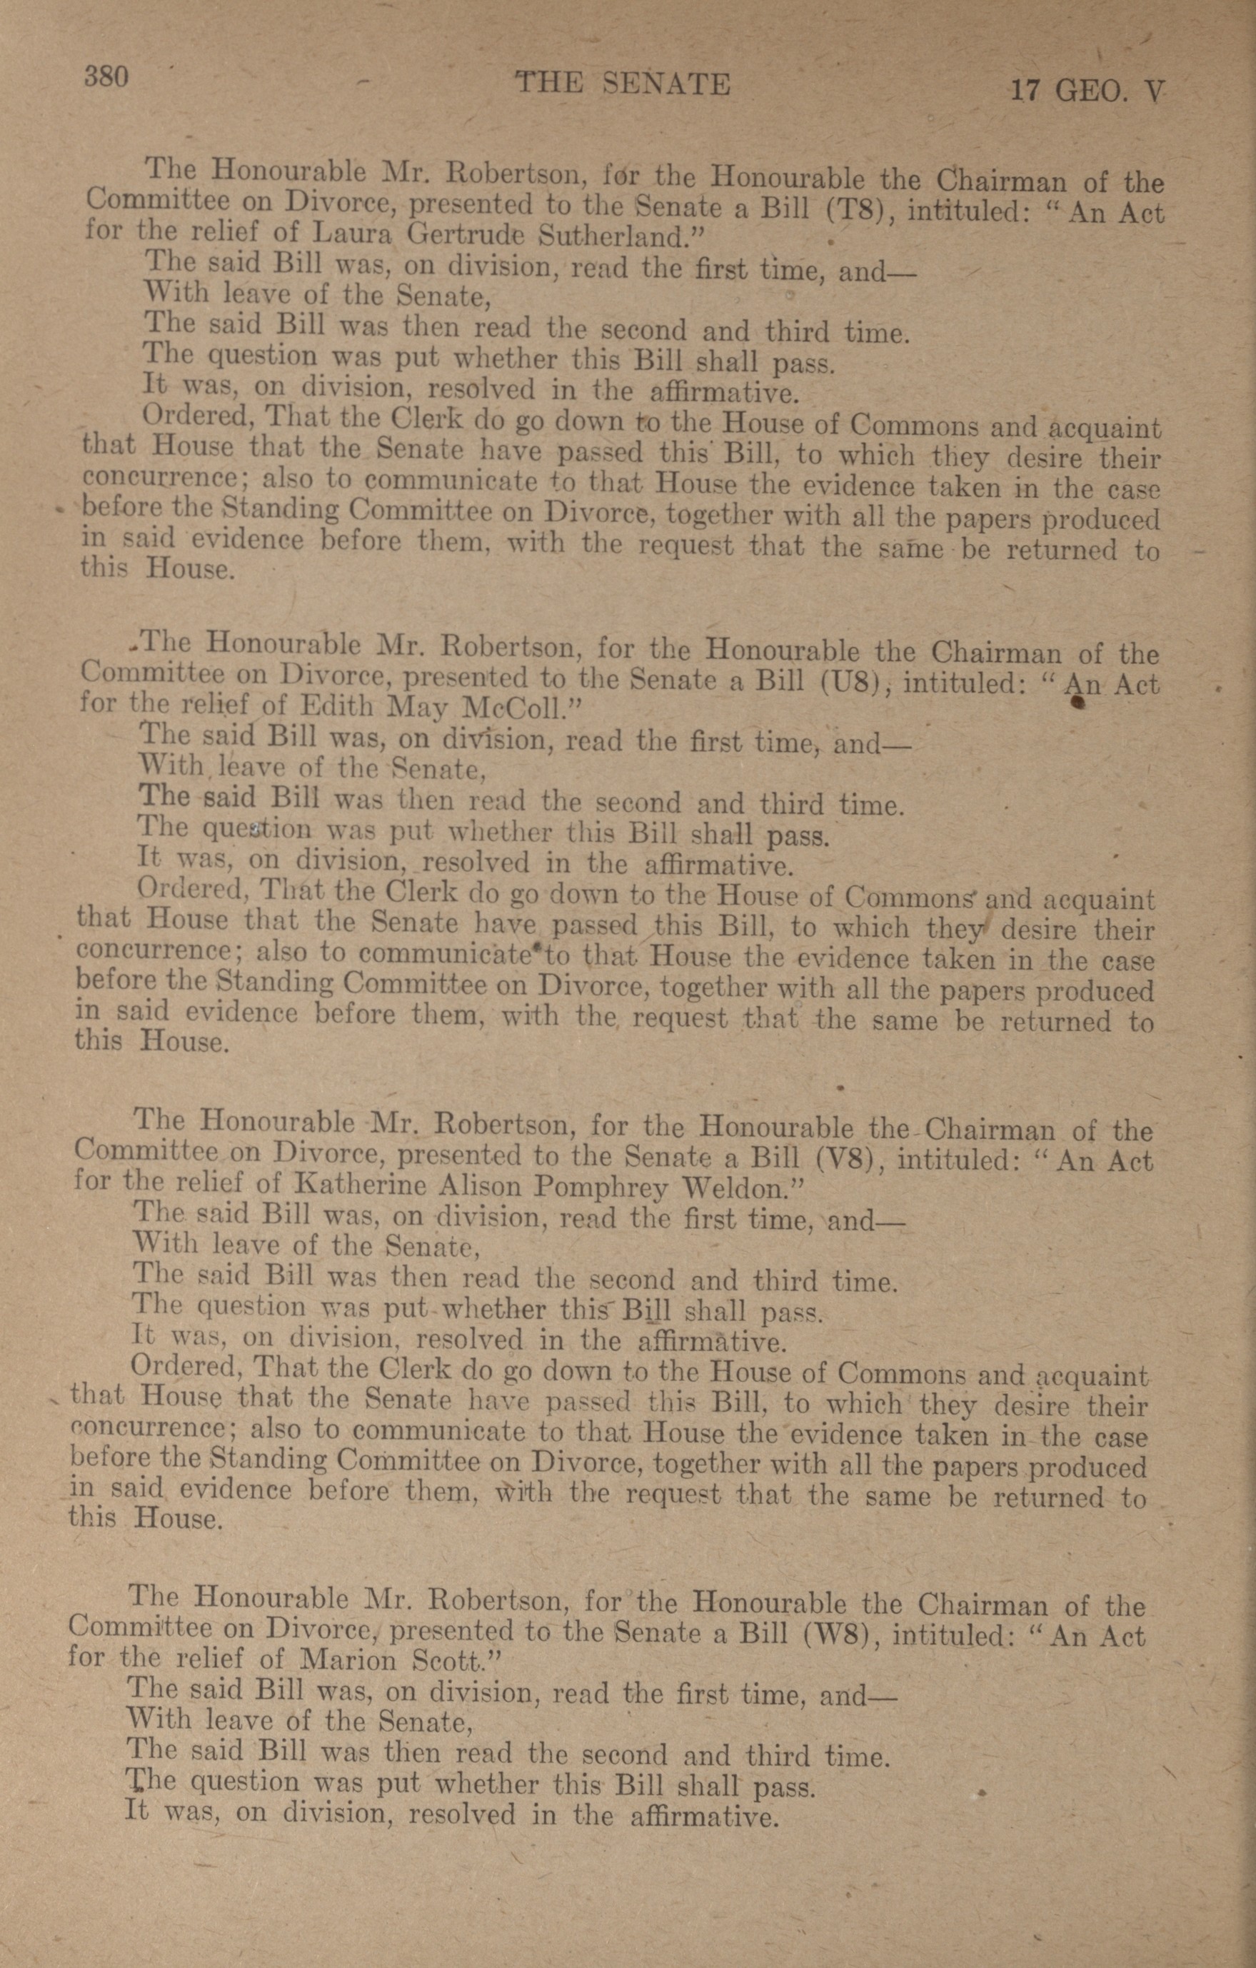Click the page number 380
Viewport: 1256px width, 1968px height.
106,77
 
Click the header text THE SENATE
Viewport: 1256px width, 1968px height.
623,84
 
